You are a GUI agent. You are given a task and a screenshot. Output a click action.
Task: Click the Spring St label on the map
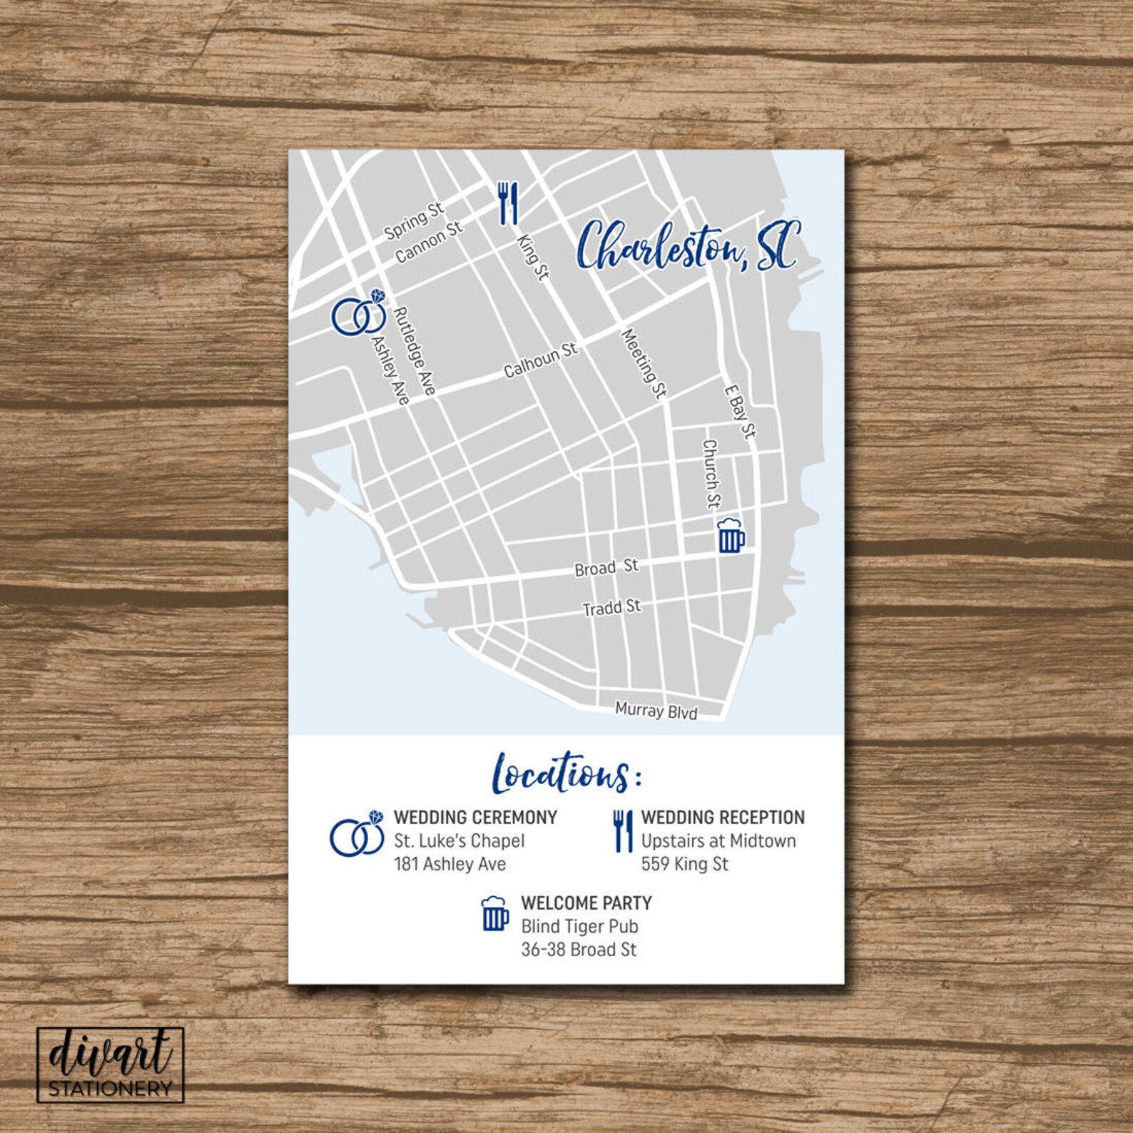tap(414, 220)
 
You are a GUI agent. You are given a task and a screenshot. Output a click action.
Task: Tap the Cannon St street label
tap(429, 242)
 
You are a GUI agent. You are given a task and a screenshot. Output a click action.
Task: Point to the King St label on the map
tap(532, 258)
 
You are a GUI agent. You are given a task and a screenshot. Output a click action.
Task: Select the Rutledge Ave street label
tap(415, 350)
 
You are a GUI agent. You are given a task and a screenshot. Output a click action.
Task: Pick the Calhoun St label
tap(540, 360)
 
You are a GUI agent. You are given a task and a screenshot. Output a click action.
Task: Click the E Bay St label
tap(739, 412)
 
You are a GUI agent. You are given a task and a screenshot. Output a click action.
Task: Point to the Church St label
tap(711, 473)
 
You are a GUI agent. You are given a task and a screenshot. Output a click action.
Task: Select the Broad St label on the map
tap(606, 568)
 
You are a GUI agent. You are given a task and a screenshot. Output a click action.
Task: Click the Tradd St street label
tap(611, 608)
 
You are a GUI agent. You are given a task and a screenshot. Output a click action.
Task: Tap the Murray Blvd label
tap(656, 711)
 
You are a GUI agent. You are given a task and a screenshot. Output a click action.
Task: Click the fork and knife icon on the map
tap(507, 203)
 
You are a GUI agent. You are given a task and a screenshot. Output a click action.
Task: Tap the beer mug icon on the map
tap(730, 536)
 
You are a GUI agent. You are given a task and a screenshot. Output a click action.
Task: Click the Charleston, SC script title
tap(688, 247)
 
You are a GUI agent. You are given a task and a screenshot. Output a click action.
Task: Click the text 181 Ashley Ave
tap(449, 864)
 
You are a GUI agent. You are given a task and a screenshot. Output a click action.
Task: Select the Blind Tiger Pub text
tap(579, 926)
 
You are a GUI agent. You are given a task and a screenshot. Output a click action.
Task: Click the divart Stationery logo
tap(111, 1064)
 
